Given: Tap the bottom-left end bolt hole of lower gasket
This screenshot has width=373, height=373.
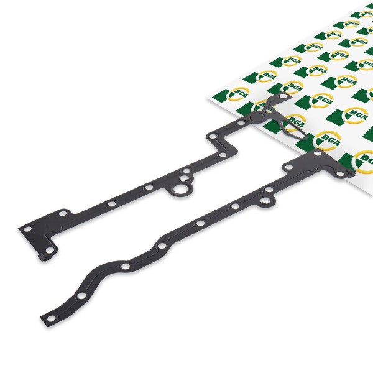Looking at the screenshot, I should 50,318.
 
